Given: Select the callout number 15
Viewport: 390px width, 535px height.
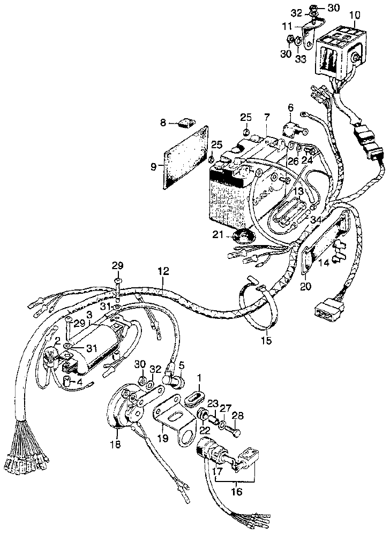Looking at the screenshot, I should (x=266, y=340).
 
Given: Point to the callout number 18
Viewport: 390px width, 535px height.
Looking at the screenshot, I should (x=116, y=444).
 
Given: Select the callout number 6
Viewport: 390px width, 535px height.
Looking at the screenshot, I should (x=291, y=108).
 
